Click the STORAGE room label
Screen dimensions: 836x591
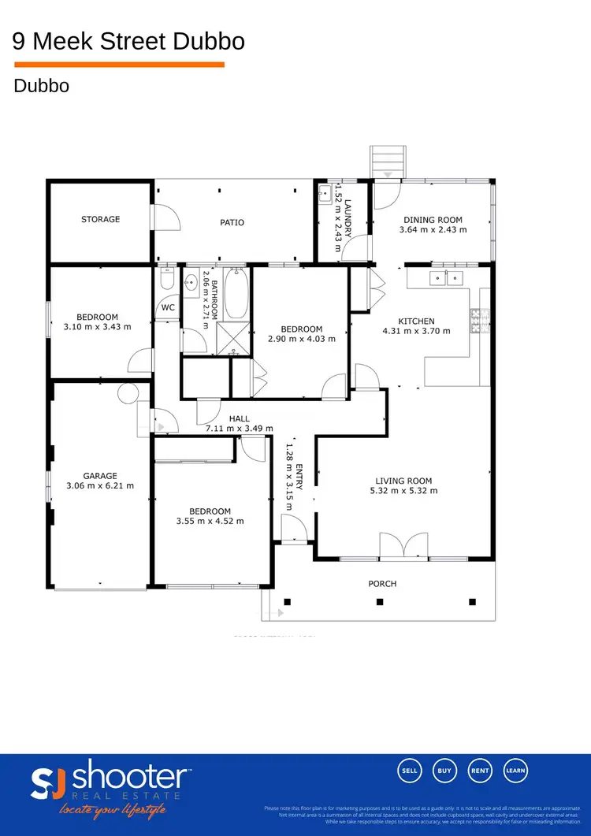100,219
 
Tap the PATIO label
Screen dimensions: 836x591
232,222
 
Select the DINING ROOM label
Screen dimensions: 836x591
433,220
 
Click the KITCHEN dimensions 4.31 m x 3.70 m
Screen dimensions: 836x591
416,332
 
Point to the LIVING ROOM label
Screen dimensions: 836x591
403,481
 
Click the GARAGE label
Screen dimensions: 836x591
100,476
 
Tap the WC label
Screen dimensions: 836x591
168,307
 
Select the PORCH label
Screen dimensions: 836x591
382,584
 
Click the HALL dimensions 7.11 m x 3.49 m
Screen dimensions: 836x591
239,429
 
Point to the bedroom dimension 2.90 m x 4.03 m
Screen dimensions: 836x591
302,339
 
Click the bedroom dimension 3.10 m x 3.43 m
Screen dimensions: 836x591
97,326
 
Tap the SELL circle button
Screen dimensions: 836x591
410,771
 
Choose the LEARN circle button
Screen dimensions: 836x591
515,771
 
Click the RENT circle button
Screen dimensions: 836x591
481,771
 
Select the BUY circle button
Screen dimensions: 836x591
445,771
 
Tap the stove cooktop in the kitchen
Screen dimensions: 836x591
478,318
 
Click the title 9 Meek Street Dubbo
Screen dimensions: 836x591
128,41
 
